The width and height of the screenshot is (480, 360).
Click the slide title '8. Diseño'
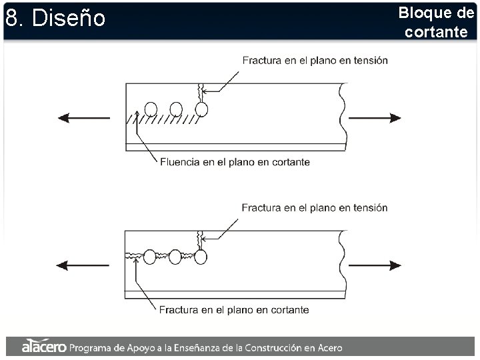pos(55,18)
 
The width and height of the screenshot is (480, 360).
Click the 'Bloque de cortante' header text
pos(436,22)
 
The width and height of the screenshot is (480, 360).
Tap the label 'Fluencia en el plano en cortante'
pos(235,162)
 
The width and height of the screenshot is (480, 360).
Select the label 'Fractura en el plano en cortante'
pos(234,309)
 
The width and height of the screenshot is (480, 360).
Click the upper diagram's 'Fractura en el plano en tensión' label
pos(315,60)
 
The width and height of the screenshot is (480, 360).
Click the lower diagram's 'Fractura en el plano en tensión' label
pos(315,207)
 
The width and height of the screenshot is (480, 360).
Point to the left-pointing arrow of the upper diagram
pos(83,118)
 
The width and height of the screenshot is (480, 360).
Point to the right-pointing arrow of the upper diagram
pos(375,118)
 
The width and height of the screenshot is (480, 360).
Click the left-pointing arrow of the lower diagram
pos(83,265)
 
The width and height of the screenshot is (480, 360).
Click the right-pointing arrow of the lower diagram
pos(375,265)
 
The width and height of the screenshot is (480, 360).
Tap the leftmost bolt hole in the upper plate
pos(151,109)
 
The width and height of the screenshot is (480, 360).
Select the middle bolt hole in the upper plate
pos(176,109)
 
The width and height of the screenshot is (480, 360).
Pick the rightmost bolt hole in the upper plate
pos(201,109)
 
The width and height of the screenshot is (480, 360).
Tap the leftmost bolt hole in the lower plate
pos(150,256)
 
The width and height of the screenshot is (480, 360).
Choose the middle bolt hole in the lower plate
pos(175,256)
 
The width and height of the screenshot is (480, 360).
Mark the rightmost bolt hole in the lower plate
pos(201,256)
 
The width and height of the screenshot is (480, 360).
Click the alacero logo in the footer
pos(43,347)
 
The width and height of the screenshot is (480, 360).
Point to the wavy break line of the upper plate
pos(343,116)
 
